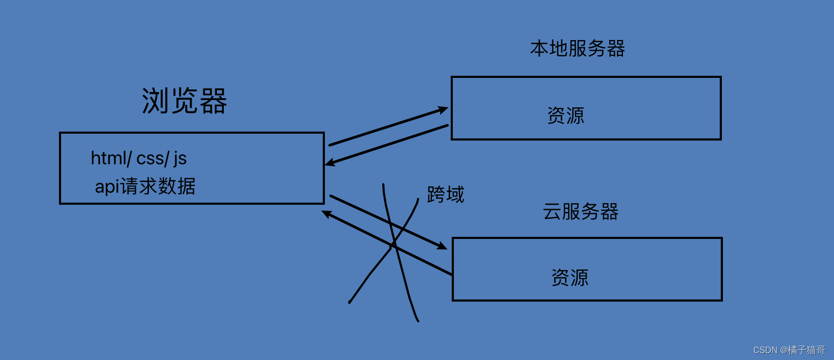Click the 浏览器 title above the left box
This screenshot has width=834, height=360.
pos(184,101)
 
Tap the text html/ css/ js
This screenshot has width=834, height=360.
pos(138,158)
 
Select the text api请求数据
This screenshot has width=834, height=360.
pos(145,186)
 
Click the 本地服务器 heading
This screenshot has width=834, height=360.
pos(578,48)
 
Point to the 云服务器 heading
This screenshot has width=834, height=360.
pos(580,212)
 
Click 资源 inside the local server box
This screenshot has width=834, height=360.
pos(565,116)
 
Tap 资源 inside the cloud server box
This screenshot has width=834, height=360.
pos(570,277)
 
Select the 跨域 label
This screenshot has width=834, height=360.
pos(445,195)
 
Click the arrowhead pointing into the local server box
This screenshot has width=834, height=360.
pos(443,109)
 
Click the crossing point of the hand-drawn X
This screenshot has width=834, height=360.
pos(393,245)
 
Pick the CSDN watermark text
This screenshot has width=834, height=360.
pos(789,350)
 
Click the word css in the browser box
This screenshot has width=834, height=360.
pos(150,158)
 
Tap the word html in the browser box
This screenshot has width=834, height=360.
pos(108,158)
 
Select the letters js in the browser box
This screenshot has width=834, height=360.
pos(180,158)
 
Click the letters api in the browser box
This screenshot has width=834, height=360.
pos(107,187)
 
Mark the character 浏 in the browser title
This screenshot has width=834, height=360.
pos(155,101)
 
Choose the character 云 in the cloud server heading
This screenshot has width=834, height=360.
pos(552,212)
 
